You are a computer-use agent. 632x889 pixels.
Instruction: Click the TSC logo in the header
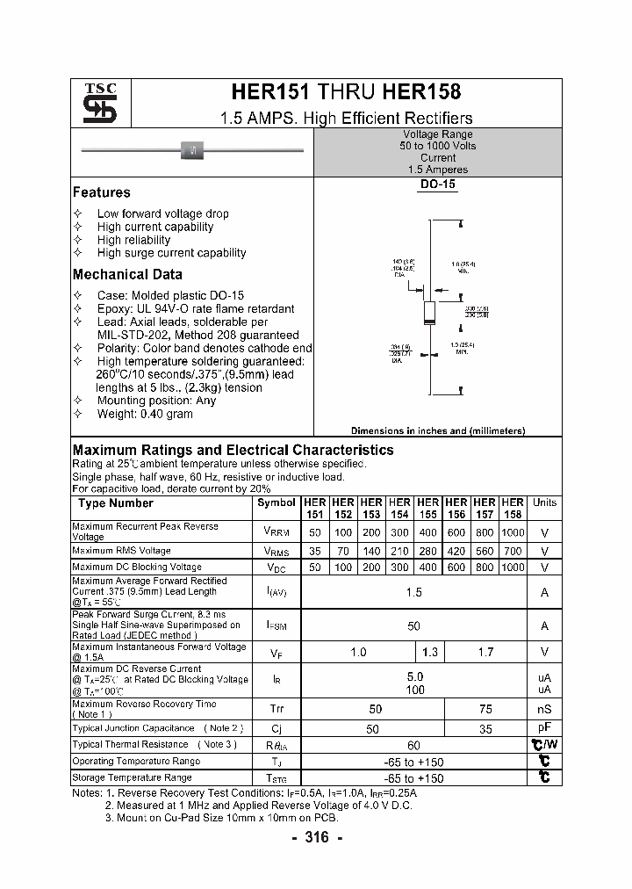[94, 104]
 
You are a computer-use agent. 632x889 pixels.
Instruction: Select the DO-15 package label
[437, 185]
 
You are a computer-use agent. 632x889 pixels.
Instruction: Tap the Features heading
[101, 192]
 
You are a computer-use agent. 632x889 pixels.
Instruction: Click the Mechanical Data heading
[127, 275]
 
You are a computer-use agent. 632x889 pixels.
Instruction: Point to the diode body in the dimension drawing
[429, 312]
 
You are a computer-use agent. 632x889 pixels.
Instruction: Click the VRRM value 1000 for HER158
[513, 532]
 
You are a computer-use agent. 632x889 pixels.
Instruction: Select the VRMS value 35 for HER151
[315, 552]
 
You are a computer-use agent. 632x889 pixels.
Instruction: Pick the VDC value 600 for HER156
[456, 567]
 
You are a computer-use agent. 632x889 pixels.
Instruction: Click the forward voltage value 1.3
[429, 653]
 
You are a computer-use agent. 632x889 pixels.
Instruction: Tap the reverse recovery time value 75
[485, 709]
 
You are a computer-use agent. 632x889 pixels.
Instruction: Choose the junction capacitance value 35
[485, 728]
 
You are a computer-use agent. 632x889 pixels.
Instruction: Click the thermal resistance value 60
[414, 745]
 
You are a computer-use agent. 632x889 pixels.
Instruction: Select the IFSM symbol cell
[276, 626]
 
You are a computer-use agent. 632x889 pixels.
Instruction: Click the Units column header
[544, 503]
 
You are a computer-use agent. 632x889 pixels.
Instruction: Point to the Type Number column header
[115, 503]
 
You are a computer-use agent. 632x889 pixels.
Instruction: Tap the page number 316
[316, 838]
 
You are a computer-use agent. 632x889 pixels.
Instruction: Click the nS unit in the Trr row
[544, 709]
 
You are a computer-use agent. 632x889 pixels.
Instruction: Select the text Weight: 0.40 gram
[145, 414]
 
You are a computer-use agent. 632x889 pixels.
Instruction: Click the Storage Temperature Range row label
[132, 778]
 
